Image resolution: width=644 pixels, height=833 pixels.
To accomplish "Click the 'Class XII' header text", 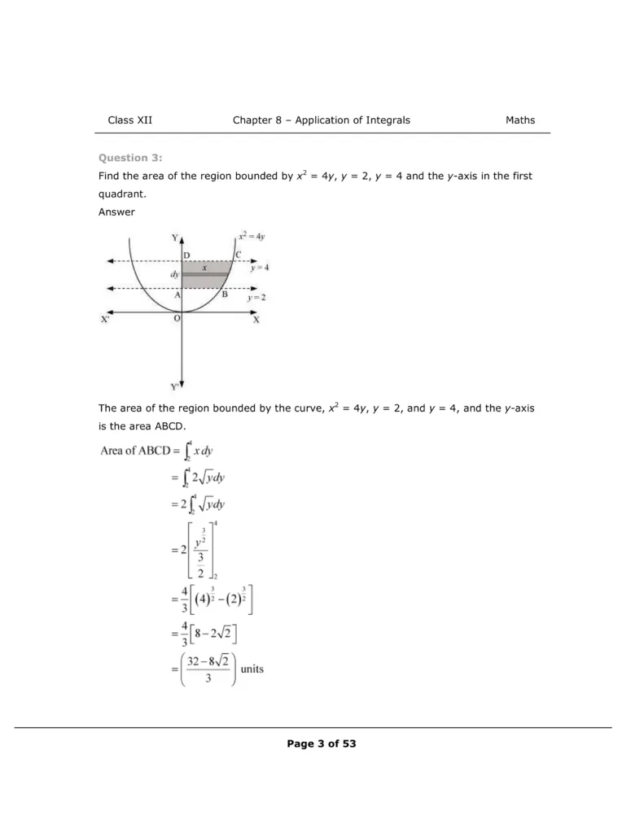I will pos(129,120).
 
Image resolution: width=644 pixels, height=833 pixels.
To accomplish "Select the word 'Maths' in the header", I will pos(520,120).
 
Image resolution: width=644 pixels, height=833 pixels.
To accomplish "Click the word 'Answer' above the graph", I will pos(116,212).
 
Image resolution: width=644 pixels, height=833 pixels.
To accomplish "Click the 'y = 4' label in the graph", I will pos(259,267).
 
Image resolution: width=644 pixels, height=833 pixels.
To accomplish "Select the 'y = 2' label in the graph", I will pos(256,298).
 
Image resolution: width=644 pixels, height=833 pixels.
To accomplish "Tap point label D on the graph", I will pos(186,255).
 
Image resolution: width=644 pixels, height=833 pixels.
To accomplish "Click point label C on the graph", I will pos(238,255).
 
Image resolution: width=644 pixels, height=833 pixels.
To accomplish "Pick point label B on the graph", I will pos(225,294).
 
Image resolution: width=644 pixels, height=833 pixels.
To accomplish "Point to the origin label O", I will pos(176,319).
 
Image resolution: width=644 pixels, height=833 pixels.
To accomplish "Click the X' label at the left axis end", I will pos(105,320).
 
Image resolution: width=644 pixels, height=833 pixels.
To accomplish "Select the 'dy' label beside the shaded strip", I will pos(174,275).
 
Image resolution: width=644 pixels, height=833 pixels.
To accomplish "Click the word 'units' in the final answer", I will pos(252,669).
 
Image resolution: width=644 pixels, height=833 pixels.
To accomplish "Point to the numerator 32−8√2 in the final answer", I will pos(208,662).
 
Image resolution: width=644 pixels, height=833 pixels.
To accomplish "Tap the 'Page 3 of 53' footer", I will pos(322,744).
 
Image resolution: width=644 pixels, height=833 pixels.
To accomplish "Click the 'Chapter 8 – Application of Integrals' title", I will pos(322,120).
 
